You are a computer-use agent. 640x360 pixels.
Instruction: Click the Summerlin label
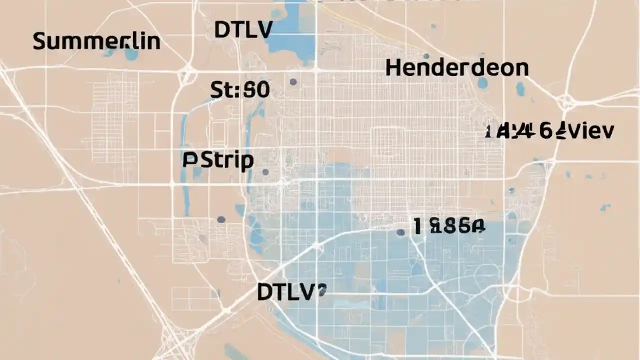point(96,41)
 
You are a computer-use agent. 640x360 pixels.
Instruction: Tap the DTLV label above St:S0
point(243,30)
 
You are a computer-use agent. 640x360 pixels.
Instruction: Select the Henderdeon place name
point(457,68)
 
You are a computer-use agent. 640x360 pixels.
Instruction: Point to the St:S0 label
point(240,90)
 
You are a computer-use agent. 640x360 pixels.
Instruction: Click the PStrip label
point(218,161)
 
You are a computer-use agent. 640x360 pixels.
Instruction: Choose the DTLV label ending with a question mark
point(291,292)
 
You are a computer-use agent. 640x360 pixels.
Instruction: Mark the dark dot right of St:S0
point(293,82)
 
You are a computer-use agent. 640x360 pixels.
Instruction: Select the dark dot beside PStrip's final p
point(265,172)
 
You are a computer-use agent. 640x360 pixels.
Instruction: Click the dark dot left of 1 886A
point(400,232)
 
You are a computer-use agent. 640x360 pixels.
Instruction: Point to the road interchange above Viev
point(566,101)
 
